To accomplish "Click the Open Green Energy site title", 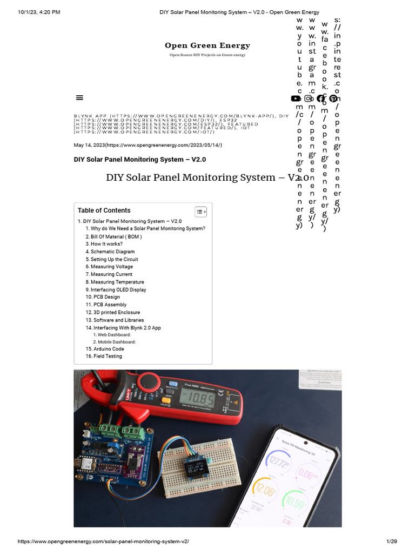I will [x=207, y=45].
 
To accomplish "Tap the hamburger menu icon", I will [x=79, y=97].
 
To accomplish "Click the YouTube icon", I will [x=296, y=98].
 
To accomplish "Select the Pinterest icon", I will [x=333, y=98].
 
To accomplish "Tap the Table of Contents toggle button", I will [x=200, y=212].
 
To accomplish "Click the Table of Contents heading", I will [x=104, y=210].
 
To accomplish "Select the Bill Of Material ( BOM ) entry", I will [x=116, y=236].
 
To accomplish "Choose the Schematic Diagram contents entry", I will [x=112, y=252].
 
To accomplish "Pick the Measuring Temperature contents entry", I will [x=117, y=282].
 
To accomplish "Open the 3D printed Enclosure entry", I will [x=116, y=312].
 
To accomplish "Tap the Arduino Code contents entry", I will [x=109, y=349].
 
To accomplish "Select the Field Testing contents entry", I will [x=108, y=357].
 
